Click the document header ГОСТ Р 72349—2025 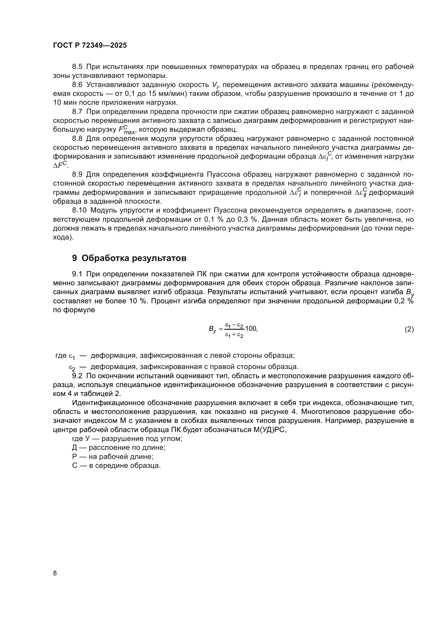point(90,45)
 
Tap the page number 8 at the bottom point(55,573)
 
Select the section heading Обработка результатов point(134,258)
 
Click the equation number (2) point(409,329)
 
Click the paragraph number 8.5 point(77,67)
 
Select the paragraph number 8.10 point(79,210)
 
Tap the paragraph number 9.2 point(77,376)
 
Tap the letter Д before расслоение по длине point(75,448)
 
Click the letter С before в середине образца point(75,466)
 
